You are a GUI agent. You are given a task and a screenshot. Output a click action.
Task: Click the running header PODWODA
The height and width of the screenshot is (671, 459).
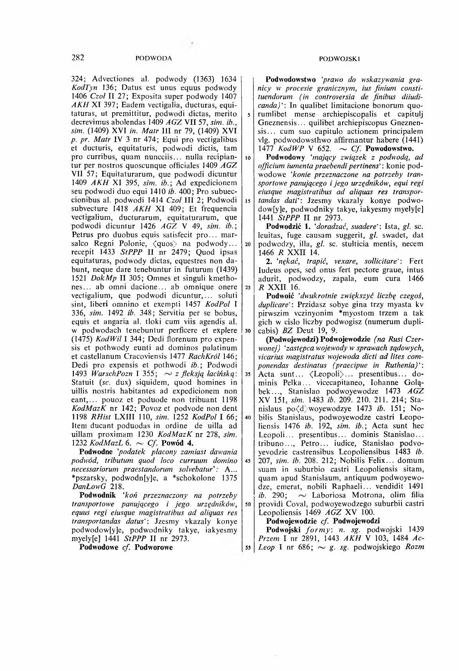[x=153, y=59]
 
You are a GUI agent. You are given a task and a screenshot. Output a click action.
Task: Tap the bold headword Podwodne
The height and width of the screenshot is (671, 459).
[x=96, y=452]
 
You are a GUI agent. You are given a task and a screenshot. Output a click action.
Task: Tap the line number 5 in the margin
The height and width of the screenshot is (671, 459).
[x=248, y=115]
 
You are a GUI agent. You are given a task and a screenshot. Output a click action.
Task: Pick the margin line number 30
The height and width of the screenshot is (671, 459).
[x=248, y=330]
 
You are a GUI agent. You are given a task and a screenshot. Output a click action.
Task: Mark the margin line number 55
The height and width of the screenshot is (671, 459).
[x=248, y=548]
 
